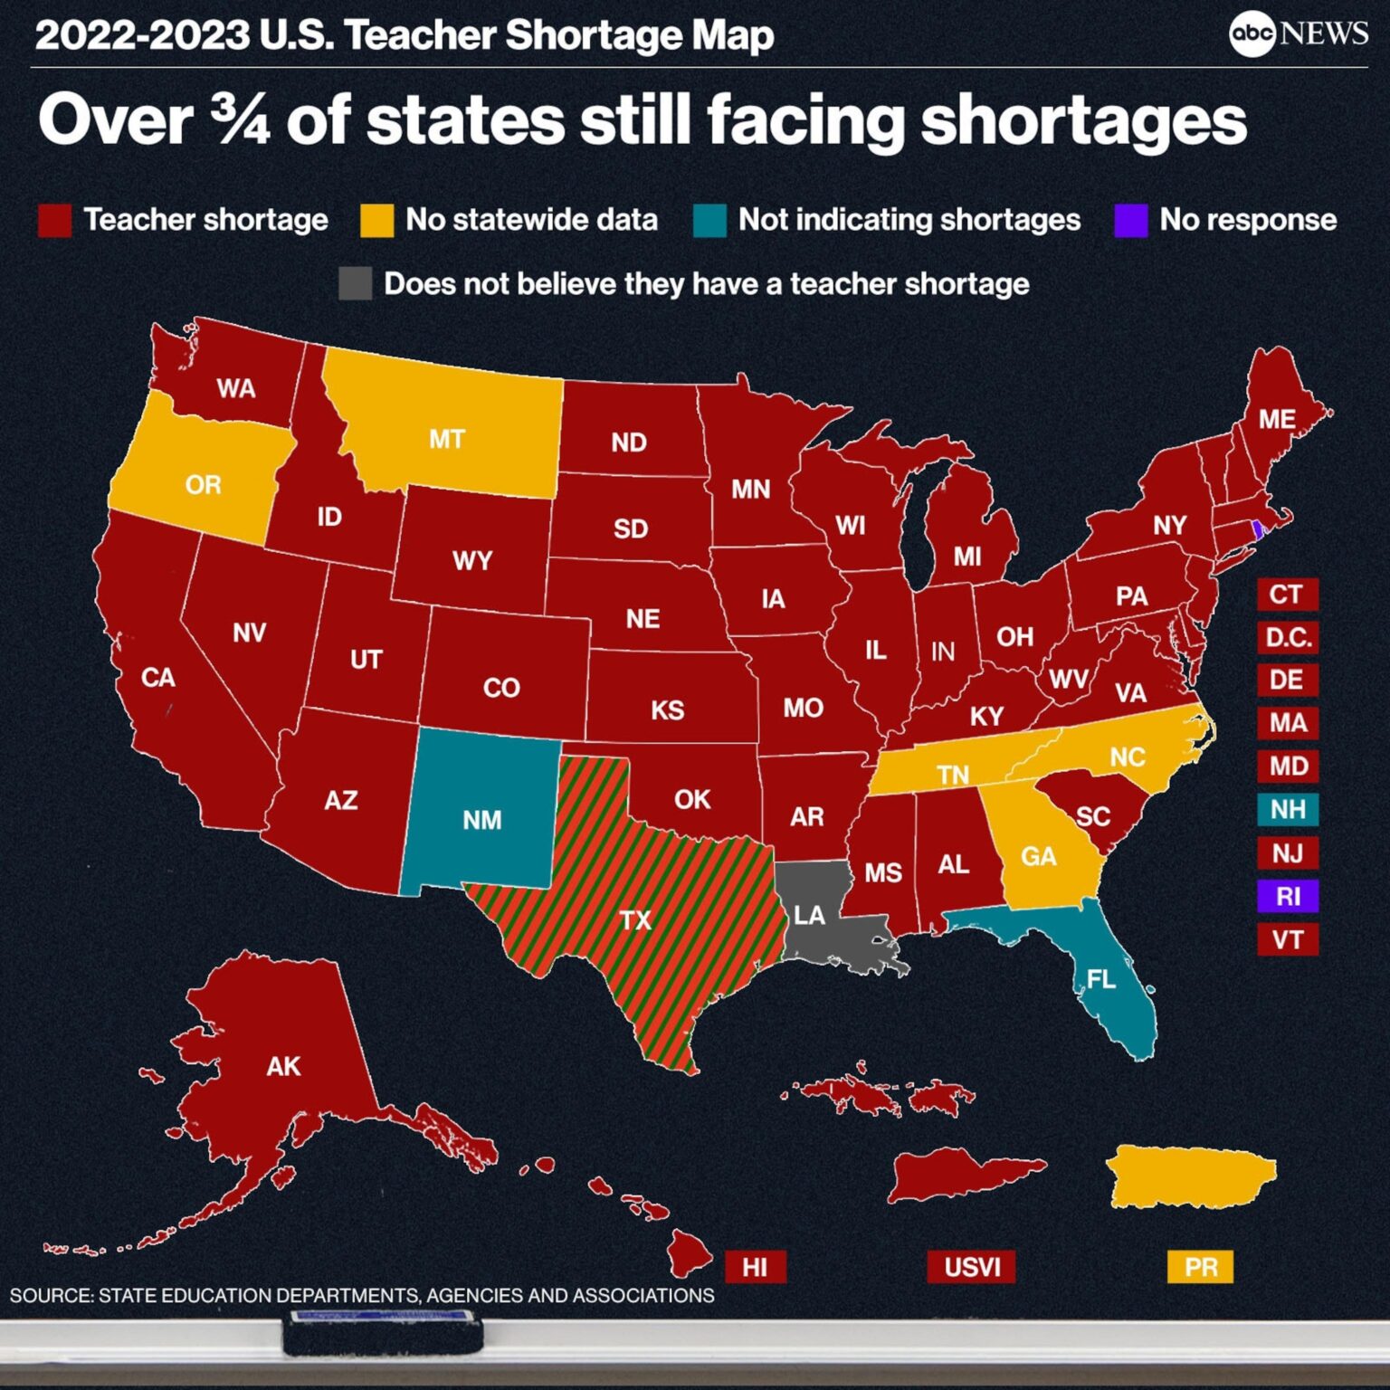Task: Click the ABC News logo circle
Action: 1252,34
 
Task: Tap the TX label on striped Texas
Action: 635,920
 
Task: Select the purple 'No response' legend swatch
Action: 1130,220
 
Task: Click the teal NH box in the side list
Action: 1287,809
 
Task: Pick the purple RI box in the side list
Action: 1287,896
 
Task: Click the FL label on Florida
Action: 1100,979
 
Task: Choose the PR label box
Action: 1200,1267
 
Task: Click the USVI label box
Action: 971,1267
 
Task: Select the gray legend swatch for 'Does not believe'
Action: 355,283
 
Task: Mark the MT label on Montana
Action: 447,440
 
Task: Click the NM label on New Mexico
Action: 481,820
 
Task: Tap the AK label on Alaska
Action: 283,1066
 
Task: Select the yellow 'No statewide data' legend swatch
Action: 376,220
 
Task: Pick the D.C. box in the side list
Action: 1287,637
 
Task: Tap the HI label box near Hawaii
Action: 755,1267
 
